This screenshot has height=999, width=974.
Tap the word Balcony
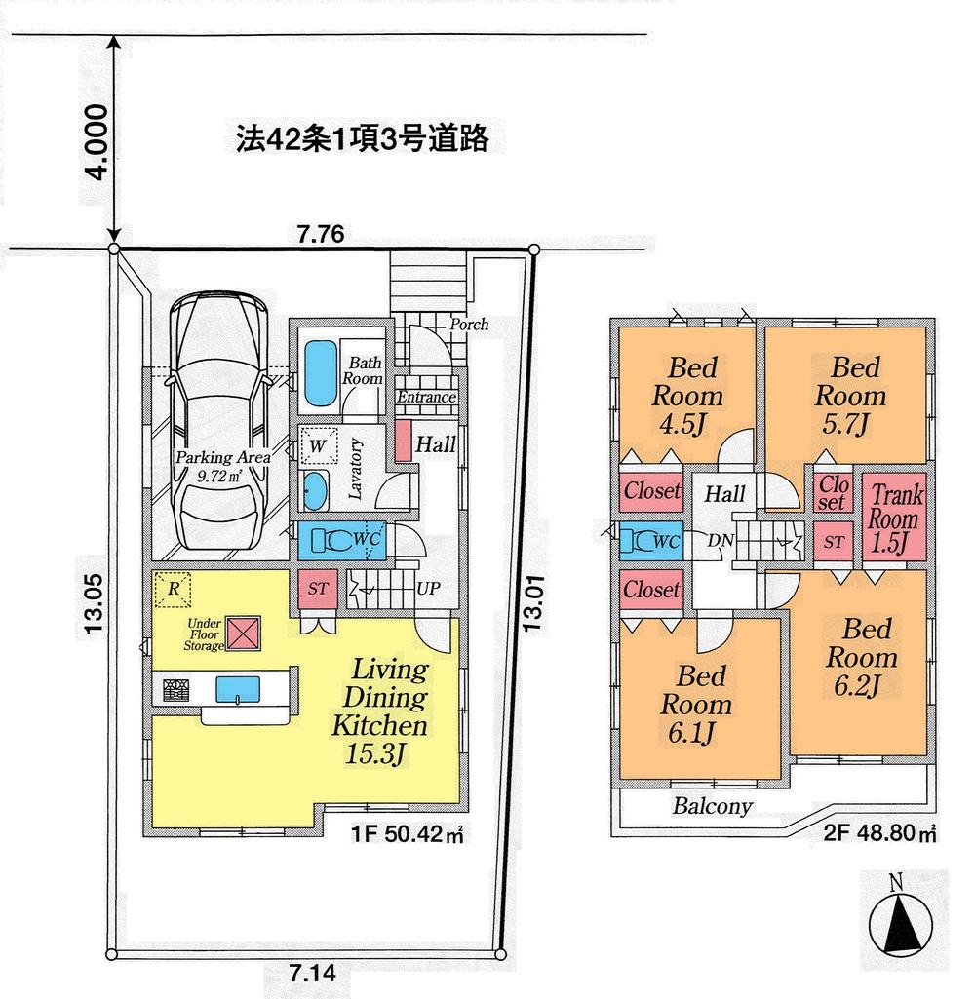[712, 807]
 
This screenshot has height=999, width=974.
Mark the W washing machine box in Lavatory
[318, 446]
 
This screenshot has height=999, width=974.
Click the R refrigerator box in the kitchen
[172, 589]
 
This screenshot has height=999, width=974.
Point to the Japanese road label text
[361, 139]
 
